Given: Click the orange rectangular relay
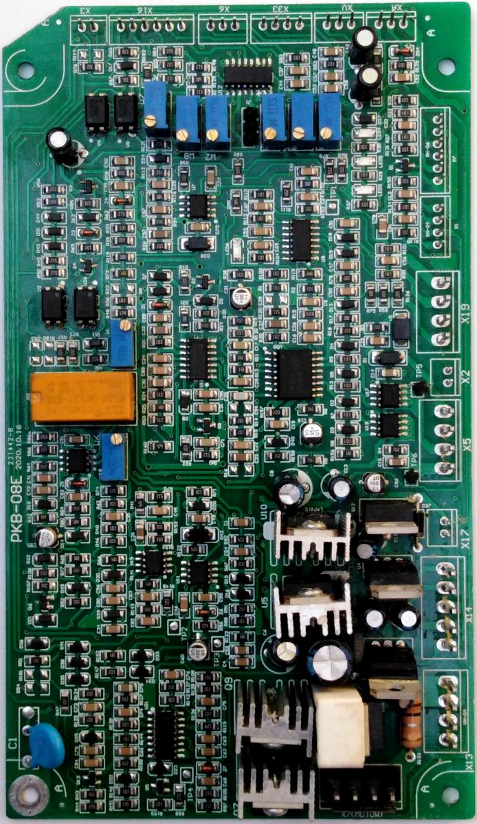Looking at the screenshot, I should click(x=82, y=397).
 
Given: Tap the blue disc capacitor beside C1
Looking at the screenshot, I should click(x=47, y=746).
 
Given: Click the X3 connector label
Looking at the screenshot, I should click(x=86, y=10).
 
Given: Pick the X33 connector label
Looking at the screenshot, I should click(x=279, y=10).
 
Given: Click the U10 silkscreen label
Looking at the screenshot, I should click(x=265, y=511).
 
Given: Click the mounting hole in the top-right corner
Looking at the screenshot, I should click(x=446, y=67).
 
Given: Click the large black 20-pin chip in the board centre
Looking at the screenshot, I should click(x=296, y=374).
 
